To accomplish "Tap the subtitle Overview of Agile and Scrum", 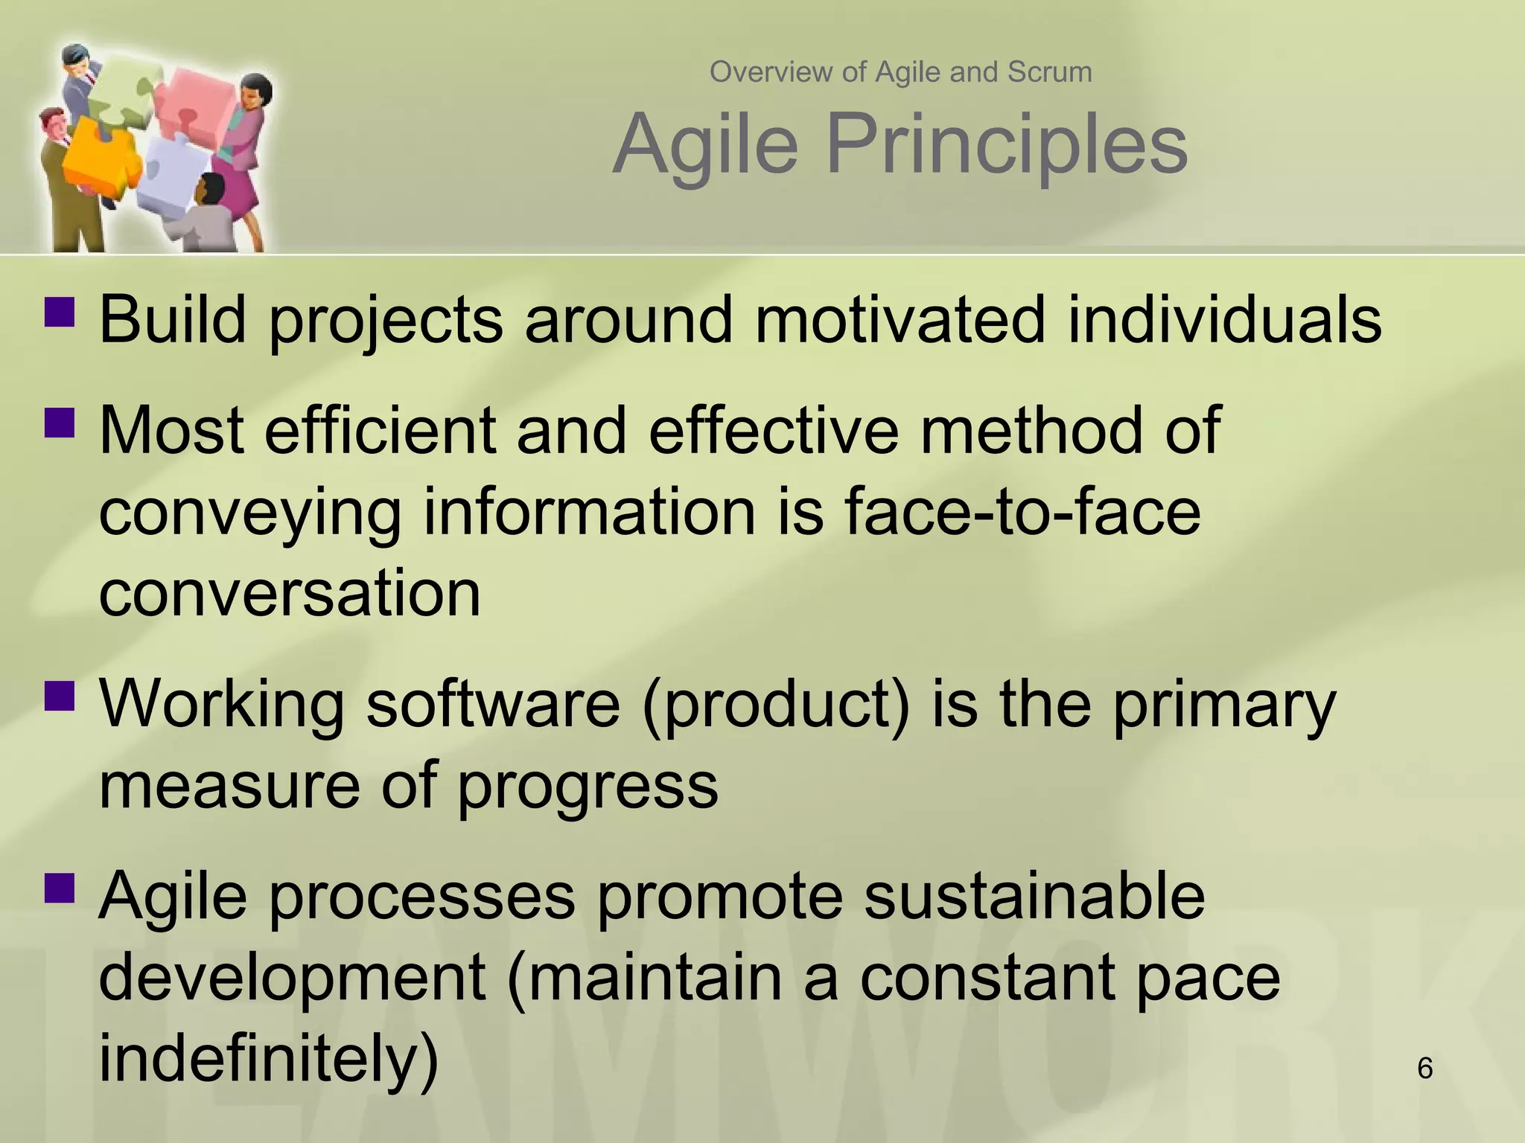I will pos(900,72).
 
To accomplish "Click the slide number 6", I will pos(1424,1069).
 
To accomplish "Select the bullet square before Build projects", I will pos(60,313).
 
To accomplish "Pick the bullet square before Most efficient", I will pos(60,422).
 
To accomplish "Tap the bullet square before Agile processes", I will pos(60,887).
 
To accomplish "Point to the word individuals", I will pos(1224,320).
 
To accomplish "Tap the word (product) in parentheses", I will pos(776,704).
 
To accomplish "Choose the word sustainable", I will pos(1034,896).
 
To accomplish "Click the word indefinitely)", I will pos(269,1058).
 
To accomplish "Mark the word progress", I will pos(587,786).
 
